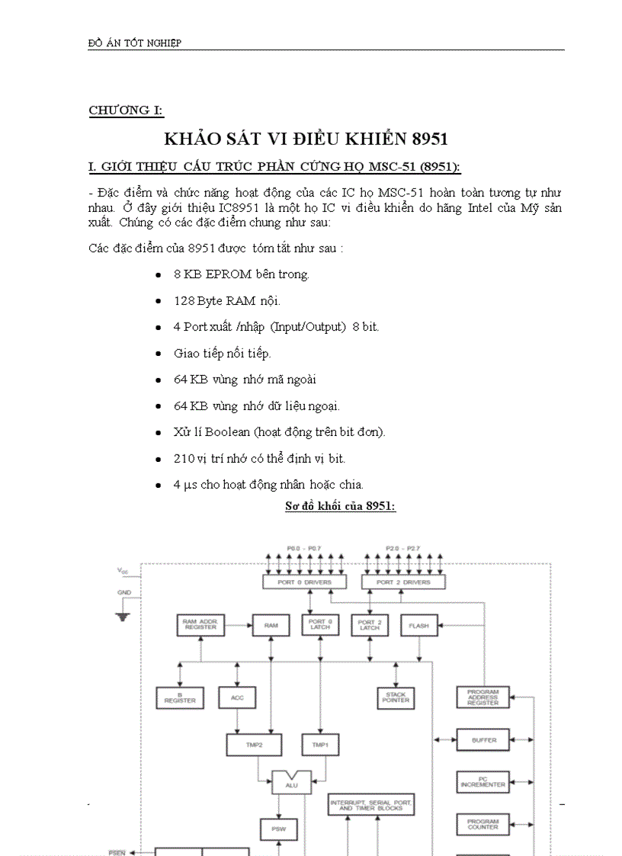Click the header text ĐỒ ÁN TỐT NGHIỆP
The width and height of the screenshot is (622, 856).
tap(135, 43)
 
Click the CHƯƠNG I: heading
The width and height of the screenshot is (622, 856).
tap(126, 111)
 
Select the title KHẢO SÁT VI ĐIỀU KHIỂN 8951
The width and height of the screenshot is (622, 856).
tap(306, 139)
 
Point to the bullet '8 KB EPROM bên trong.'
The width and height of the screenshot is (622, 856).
tap(241, 274)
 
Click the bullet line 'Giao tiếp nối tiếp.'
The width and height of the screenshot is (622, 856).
tap(222, 353)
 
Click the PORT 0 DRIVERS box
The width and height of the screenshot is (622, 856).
tap(303, 582)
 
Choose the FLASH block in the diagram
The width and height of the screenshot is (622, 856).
tap(418, 626)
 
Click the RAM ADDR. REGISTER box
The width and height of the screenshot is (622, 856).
tap(200, 625)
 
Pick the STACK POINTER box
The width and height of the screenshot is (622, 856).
tap(396, 697)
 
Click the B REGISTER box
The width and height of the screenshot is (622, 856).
tap(180, 697)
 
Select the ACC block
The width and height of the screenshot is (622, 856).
tap(237, 697)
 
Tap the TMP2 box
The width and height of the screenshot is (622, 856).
tap(254, 745)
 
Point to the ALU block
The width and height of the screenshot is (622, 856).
tap(292, 783)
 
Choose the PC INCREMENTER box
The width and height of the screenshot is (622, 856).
tap(483, 781)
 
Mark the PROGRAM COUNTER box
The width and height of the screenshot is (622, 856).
tap(483, 824)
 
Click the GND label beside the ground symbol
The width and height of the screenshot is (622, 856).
tap(123, 592)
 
